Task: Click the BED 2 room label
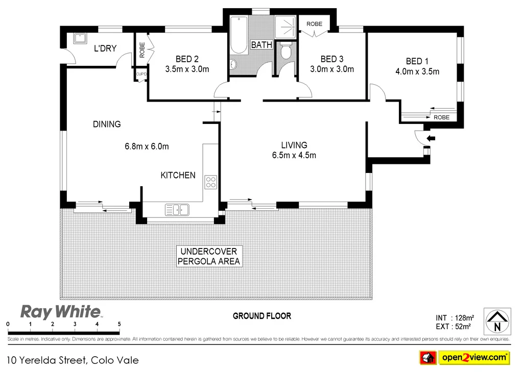[187, 58]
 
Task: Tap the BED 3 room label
[332, 59]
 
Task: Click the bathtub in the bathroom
[239, 36]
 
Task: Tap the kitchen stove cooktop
[211, 182]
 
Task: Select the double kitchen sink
[177, 209]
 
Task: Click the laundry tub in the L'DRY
[79, 39]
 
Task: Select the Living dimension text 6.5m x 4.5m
[294, 155]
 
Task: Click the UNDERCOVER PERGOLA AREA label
[208, 256]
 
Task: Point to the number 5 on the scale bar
[119, 324]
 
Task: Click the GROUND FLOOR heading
[262, 316]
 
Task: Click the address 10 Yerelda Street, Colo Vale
[73, 360]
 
